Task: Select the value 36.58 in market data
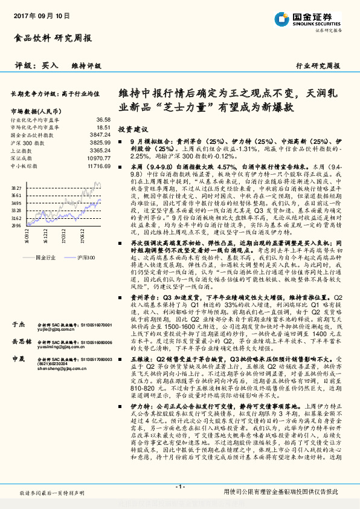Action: pyautogui.click(x=103, y=120)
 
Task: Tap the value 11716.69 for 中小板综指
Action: pyautogui.click(x=98, y=164)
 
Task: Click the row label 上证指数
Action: pyautogui.click(x=21, y=150)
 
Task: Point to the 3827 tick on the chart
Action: pyautogui.click(x=16, y=189)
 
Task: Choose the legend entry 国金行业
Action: pyautogui.click(x=46, y=257)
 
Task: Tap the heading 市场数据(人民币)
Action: pyautogui.click(x=36, y=111)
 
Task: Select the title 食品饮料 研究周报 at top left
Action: pyautogui.click(x=52, y=38)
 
